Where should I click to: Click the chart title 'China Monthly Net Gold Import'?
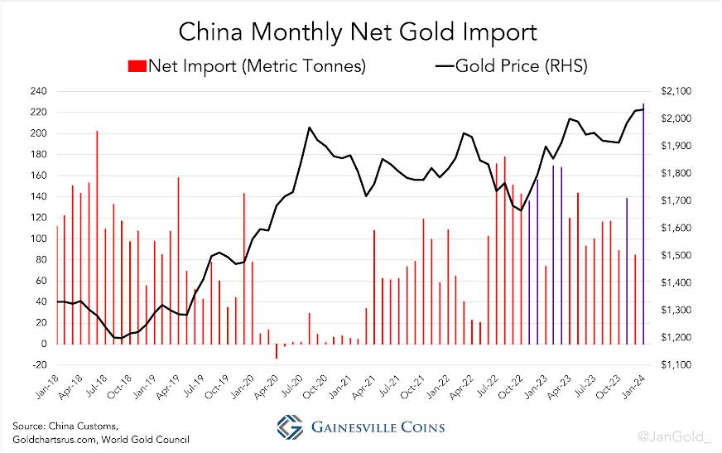[358, 32]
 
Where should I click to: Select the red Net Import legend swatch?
[137, 66]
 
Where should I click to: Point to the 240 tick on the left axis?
[39, 91]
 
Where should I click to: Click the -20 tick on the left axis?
[39, 364]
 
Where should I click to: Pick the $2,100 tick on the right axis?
[676, 91]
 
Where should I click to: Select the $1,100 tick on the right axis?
[676, 364]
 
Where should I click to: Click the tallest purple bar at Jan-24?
[643, 224]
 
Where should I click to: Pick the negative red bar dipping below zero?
[277, 351]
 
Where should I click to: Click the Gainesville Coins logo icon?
[290, 426]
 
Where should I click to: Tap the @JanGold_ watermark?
[674, 436]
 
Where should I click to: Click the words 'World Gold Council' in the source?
[146, 440]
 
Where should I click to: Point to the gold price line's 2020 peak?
[309, 128]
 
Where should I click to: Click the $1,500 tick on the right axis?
[676, 256]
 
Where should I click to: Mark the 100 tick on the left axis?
[39, 239]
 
